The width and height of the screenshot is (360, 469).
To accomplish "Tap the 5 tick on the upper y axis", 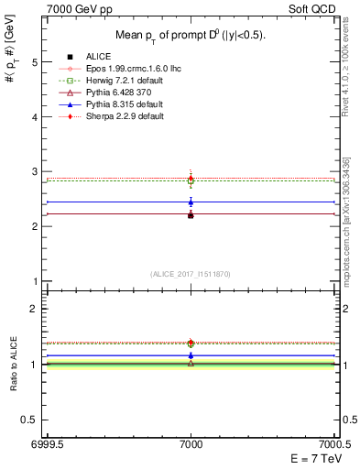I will (x=37, y=62).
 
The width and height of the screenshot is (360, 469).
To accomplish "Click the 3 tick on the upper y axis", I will (x=37, y=171).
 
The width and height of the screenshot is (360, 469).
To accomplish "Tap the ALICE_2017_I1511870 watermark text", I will (x=191, y=274).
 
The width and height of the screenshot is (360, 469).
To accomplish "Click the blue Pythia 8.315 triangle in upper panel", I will (x=191, y=202).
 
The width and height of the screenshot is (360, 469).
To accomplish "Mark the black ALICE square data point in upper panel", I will (x=191, y=214).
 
